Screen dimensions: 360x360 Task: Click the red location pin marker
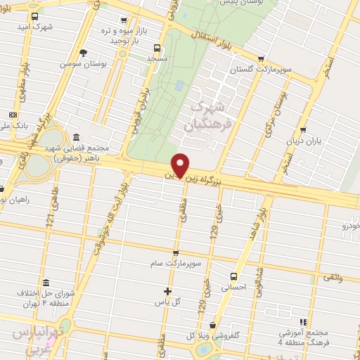(x=181, y=165)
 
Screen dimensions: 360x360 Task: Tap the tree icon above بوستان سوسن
(x=84, y=53)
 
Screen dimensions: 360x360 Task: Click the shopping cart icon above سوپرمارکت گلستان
(x=262, y=59)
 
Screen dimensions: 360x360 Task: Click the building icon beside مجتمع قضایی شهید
(x=75, y=137)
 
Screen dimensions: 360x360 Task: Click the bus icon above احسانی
(x=234, y=276)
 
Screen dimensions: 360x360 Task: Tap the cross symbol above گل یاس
(x=167, y=291)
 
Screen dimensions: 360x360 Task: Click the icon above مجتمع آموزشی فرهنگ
(x=303, y=321)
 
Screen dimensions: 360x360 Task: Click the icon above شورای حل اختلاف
(x=46, y=283)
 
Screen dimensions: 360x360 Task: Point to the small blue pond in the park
(x=179, y=85)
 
